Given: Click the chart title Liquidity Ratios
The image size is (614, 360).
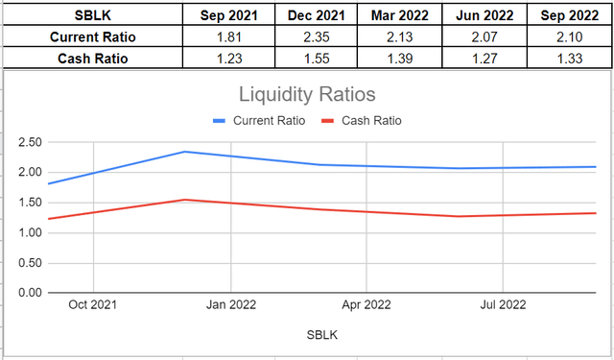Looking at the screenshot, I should tap(307, 96).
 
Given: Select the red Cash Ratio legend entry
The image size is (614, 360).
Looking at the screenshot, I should tap(363, 121).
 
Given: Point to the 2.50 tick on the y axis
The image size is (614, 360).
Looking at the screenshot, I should tap(29, 143).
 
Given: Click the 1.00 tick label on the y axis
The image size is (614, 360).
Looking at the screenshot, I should tap(29, 232).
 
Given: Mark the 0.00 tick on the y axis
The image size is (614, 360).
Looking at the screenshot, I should tap(29, 292).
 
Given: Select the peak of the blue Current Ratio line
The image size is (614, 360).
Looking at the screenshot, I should tap(183, 152).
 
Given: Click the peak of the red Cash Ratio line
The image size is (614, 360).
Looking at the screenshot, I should tap(183, 200).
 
